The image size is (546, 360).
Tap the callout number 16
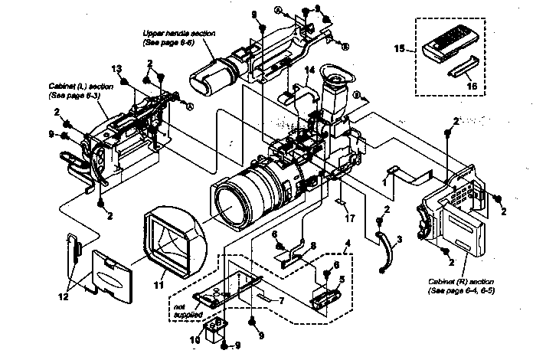472,87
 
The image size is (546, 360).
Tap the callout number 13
117,69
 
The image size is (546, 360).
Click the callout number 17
349,218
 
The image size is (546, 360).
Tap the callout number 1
383,183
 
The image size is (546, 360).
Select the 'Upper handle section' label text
179,38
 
